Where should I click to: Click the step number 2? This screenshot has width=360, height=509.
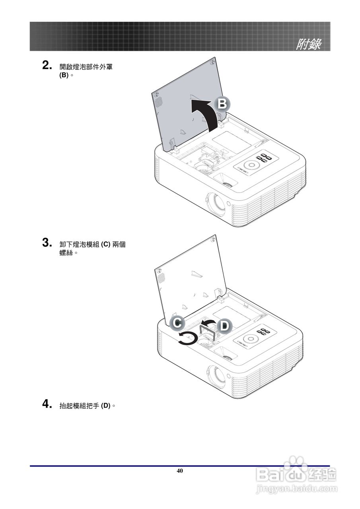47,66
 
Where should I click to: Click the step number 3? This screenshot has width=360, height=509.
47,243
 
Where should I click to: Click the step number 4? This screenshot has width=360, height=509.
47,404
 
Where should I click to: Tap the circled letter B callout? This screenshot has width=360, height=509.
222,104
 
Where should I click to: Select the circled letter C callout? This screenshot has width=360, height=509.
177,323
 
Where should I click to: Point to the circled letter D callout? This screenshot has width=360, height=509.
224,326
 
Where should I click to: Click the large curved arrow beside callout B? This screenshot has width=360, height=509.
204,113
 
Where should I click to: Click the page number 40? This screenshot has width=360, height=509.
180,471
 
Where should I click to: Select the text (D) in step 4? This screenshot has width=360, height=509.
105,406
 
